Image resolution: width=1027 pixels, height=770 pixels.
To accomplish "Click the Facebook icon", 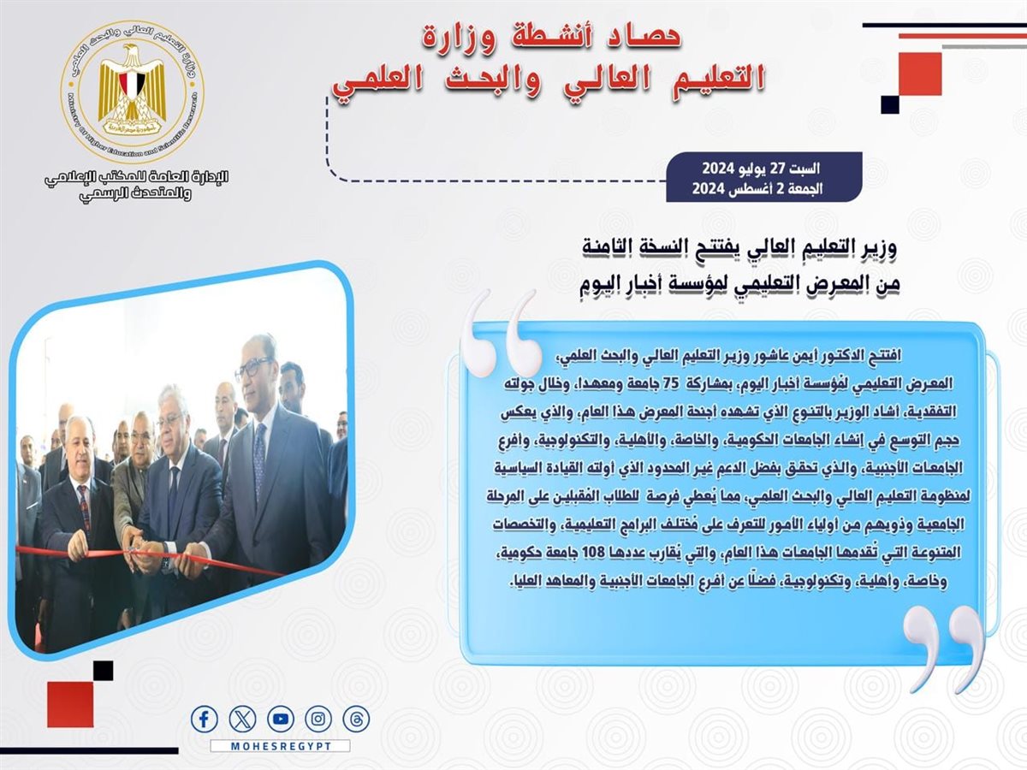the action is (x=205, y=719).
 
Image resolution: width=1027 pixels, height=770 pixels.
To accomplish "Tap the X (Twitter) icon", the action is (x=242, y=719).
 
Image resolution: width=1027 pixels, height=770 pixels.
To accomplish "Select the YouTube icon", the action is (x=281, y=719).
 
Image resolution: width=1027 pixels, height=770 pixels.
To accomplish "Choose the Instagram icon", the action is (x=318, y=719).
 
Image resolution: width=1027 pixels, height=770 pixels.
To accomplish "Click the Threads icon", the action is (x=356, y=719).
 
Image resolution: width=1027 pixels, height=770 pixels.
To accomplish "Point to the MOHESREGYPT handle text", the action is (x=281, y=746).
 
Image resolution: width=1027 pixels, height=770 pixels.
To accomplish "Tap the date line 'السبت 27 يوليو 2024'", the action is (x=761, y=169).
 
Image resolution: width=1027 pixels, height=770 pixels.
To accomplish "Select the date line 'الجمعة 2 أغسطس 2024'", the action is (x=757, y=188).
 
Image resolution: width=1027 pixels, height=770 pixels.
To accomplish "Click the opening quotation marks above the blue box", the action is (x=500, y=333).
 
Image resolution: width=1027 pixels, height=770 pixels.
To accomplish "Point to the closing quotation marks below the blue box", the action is (x=944, y=649).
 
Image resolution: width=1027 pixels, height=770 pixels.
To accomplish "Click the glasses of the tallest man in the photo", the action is (x=254, y=370).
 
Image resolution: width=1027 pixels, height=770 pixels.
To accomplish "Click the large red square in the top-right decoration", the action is (x=920, y=74).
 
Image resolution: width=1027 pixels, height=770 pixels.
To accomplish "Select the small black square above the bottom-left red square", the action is (x=103, y=671).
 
